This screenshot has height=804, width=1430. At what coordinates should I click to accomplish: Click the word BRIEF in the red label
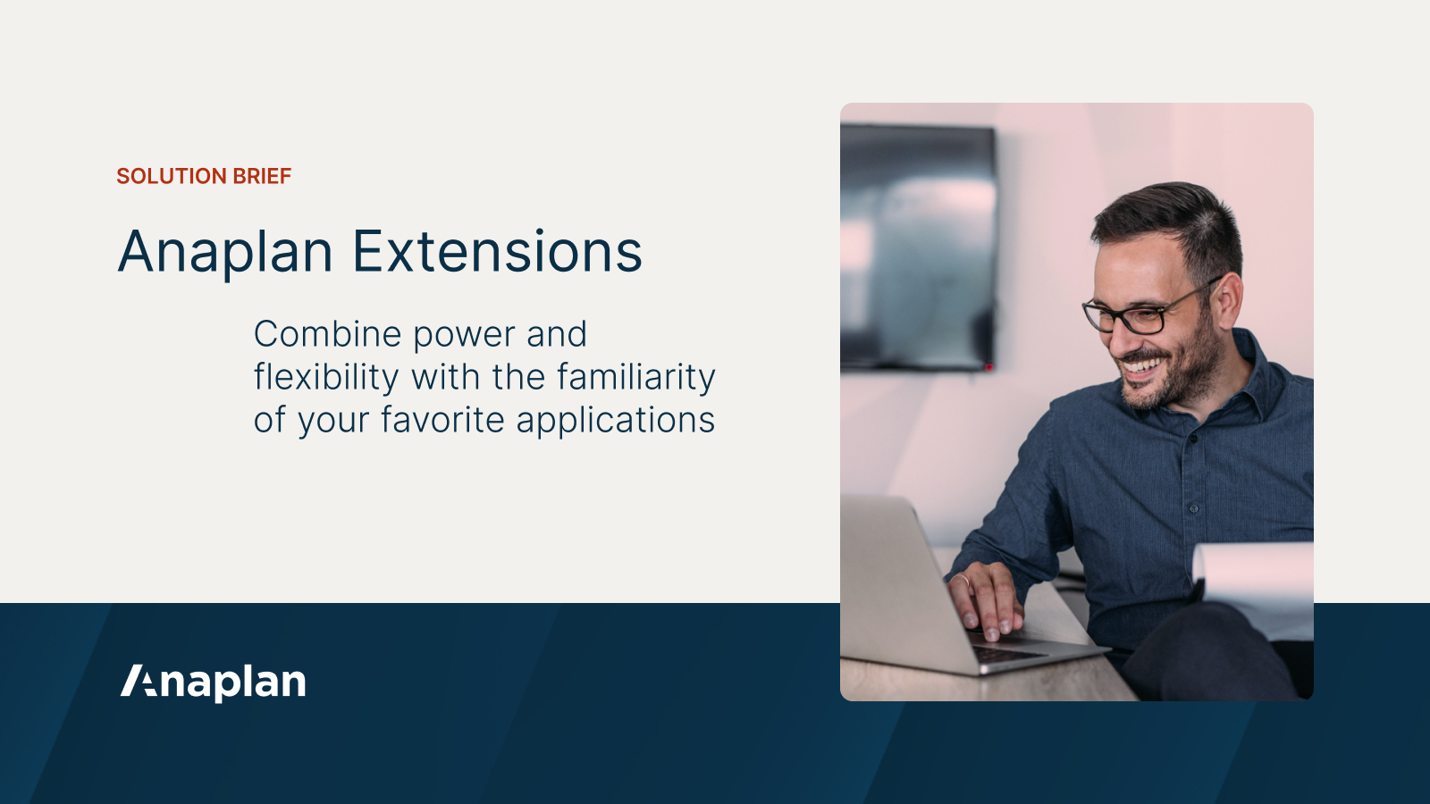pos(262,176)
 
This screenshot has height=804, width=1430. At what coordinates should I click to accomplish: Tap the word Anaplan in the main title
pos(225,252)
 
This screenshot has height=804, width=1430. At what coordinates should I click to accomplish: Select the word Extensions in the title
pos(497,252)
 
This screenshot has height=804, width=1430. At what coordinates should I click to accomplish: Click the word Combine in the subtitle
pos(327,335)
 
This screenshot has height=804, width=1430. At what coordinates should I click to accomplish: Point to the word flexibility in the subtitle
pos(326,377)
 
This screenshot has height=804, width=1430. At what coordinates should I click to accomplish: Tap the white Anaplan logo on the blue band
pos(214,682)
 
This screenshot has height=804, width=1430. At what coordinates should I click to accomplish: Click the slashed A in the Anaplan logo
pos(139,681)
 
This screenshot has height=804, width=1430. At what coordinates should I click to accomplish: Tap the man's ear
pos(1229,299)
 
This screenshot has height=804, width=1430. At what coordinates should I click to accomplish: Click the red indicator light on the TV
pos(988,367)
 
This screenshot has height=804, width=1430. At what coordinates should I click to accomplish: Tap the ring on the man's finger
pos(963,579)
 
